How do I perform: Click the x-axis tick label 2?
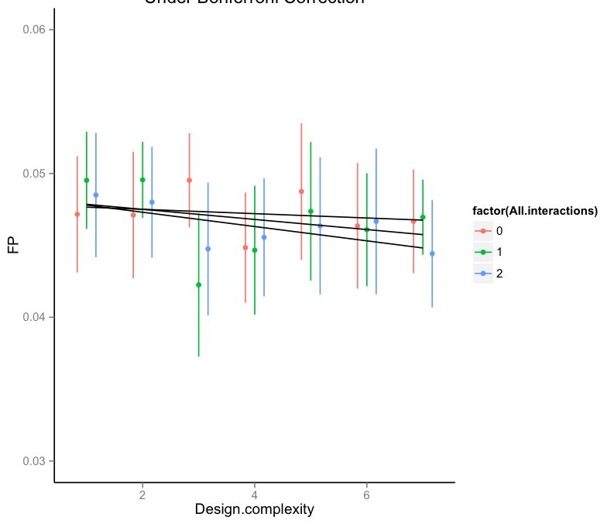(142, 495)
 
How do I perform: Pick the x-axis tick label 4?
(255, 495)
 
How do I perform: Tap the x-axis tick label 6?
(366, 495)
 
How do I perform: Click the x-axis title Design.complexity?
(254, 509)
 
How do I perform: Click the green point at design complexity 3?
(198, 284)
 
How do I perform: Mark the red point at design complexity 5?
(301, 191)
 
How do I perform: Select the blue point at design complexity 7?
(432, 253)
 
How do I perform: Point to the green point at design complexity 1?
(87, 180)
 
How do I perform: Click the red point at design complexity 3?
(189, 180)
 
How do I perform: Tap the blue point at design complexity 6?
(376, 221)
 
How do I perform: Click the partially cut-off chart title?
(254, 3)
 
